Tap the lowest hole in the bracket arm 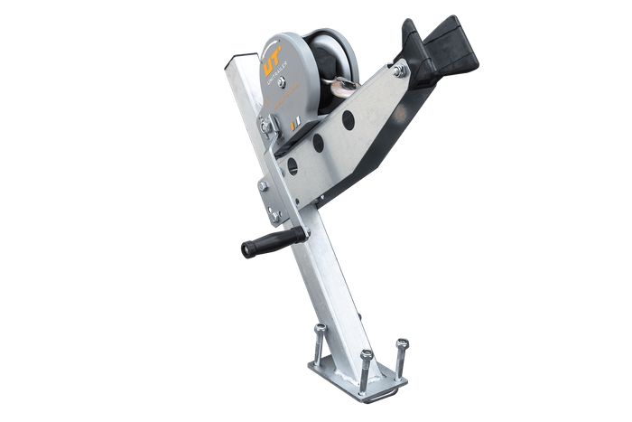coord(291,164)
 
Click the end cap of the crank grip coord(243,249)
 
